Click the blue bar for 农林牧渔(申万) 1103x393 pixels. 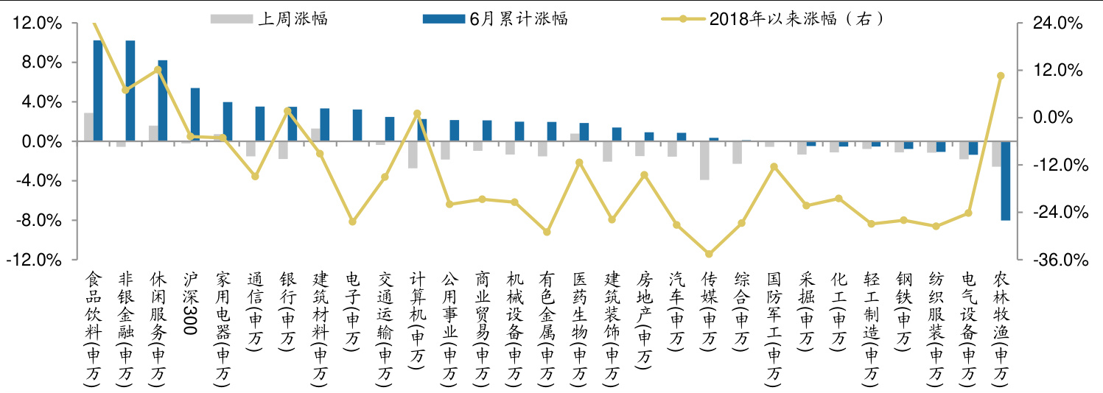click(1005, 180)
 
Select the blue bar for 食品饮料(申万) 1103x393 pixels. click(97, 91)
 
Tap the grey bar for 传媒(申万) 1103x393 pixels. click(704, 160)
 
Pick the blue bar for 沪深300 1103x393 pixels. click(195, 114)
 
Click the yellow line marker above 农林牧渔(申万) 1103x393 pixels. click(1001, 76)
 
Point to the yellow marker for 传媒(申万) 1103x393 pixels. click(709, 254)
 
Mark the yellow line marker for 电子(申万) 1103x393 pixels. click(352, 222)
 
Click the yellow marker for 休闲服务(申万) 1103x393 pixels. click(158, 70)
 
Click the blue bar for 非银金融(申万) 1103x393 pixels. click(130, 91)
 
